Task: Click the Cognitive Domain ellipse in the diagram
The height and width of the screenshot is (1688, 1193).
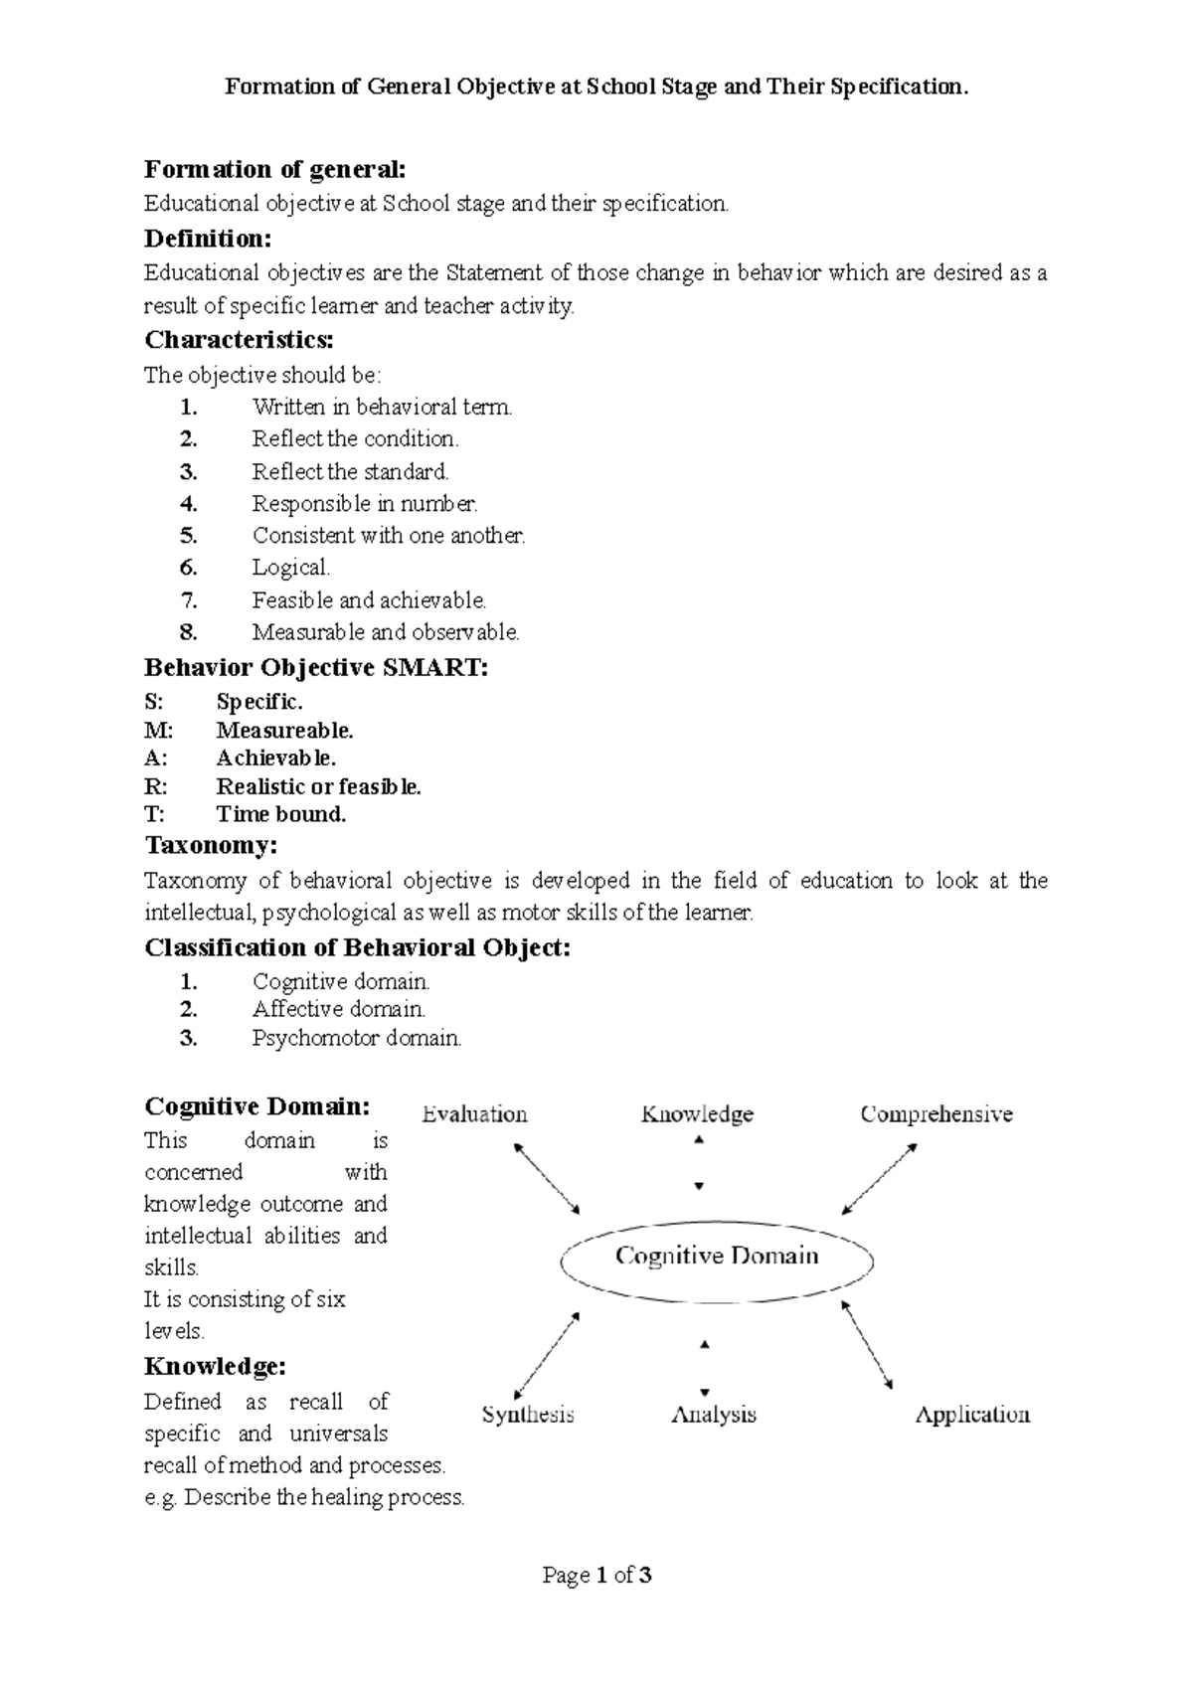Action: pyautogui.click(x=717, y=1259)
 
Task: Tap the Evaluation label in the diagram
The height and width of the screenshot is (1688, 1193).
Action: pyautogui.click(x=474, y=1114)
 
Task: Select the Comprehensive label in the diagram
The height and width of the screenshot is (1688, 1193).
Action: pyautogui.click(x=936, y=1114)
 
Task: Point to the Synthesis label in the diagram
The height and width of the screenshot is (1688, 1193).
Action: pyautogui.click(x=528, y=1415)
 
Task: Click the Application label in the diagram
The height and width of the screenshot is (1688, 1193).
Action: pyautogui.click(x=971, y=1415)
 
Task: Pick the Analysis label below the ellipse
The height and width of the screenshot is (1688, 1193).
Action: pyautogui.click(x=714, y=1415)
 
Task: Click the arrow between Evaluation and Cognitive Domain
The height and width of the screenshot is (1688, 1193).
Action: pyautogui.click(x=546, y=1178)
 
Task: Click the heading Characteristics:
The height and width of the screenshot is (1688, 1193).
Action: pyautogui.click(x=239, y=340)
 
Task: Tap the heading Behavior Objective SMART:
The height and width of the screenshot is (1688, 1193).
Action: pyautogui.click(x=316, y=667)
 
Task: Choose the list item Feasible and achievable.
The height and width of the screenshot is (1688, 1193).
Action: pyautogui.click(x=369, y=600)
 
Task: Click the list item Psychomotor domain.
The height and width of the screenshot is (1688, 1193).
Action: pyautogui.click(x=357, y=1039)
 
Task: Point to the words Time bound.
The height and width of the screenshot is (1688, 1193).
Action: pyautogui.click(x=281, y=814)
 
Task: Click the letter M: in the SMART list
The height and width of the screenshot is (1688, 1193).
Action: pyautogui.click(x=158, y=731)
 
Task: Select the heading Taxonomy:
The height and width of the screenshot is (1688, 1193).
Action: pyautogui.click(x=211, y=846)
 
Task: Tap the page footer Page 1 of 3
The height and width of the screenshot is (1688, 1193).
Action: pyautogui.click(x=596, y=1575)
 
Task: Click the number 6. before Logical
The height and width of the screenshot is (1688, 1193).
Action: pyautogui.click(x=189, y=569)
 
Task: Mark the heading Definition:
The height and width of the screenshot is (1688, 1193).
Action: pyautogui.click(x=207, y=239)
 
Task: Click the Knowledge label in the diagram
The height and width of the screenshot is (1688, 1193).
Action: pyautogui.click(x=697, y=1114)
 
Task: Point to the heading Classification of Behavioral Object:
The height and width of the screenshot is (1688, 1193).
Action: pyautogui.click(x=358, y=947)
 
